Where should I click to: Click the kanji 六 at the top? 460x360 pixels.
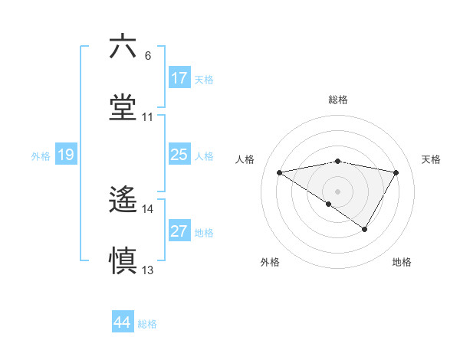tap(123, 47)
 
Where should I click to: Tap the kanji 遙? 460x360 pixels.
tap(123, 201)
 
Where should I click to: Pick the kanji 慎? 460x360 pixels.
tap(123, 261)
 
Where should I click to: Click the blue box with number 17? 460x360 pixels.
tap(179, 78)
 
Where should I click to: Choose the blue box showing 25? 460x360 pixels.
tap(179, 155)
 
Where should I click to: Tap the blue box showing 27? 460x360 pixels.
tap(179, 232)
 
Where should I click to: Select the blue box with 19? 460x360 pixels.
tap(66, 155)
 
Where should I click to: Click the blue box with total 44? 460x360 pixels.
tap(122, 323)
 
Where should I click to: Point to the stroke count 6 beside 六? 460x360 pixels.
tap(148, 56)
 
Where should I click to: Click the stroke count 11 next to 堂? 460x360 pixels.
tap(148, 118)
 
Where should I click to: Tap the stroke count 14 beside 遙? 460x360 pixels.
tap(148, 209)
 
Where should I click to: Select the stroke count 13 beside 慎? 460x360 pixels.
tap(148, 270)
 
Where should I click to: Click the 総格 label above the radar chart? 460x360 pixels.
tap(338, 100)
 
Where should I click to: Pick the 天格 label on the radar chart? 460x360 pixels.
tap(432, 159)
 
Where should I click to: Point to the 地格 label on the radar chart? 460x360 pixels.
tap(402, 262)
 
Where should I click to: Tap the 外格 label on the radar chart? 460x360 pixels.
tap(270, 262)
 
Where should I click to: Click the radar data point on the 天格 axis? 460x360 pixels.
tap(396, 173)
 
